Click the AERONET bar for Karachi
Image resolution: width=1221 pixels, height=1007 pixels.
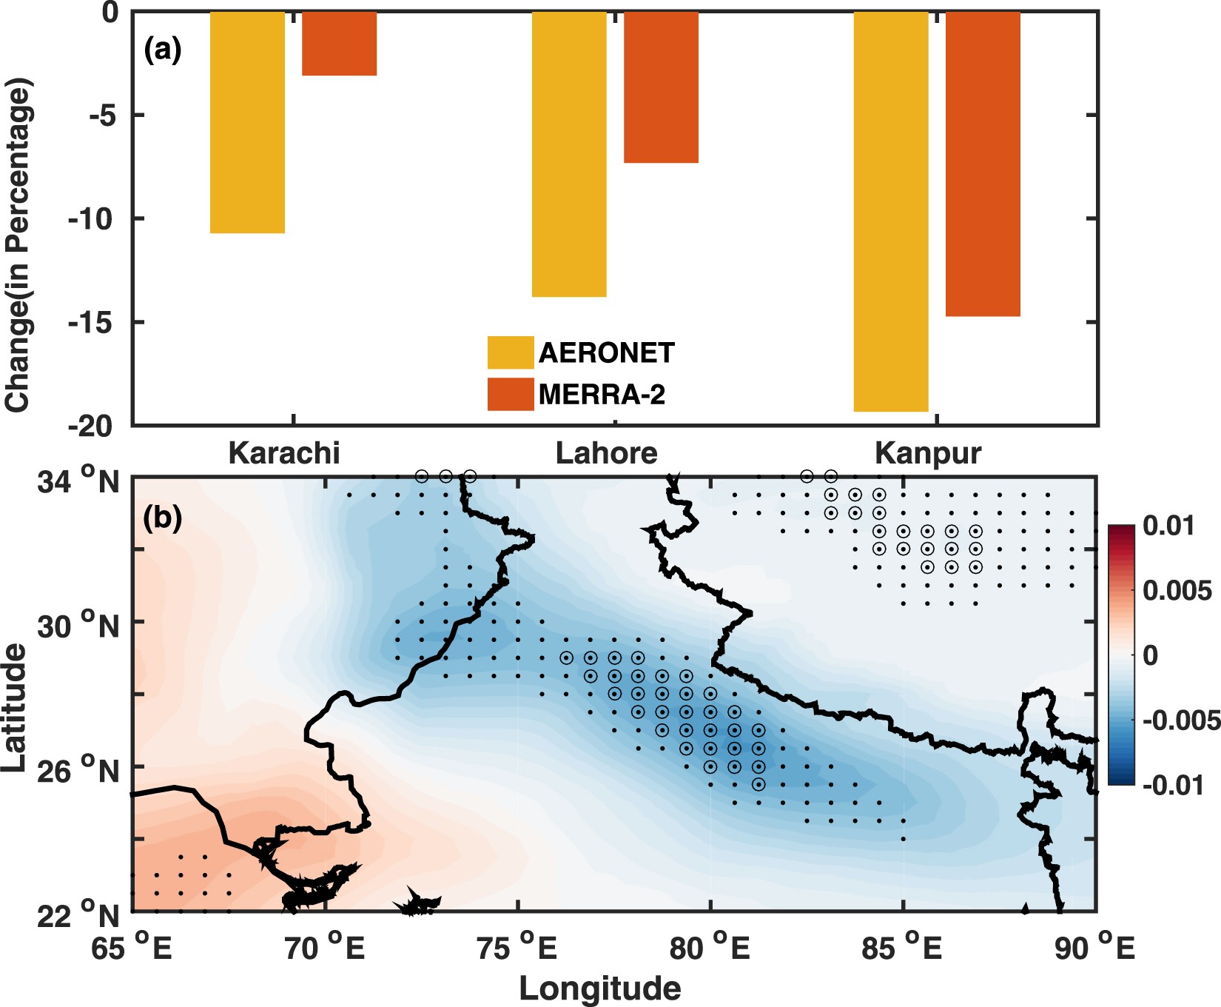(x=247, y=122)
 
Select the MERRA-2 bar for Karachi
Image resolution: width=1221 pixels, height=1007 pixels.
(x=339, y=44)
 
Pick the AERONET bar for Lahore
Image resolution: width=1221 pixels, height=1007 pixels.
(x=569, y=154)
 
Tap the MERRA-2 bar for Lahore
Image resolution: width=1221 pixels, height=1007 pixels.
(x=661, y=87)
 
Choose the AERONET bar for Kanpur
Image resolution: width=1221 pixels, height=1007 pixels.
(x=891, y=211)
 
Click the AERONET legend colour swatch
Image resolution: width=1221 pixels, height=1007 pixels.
(x=510, y=352)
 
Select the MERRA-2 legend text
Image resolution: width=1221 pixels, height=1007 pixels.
(x=602, y=395)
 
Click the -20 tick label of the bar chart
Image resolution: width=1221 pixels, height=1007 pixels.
(x=90, y=426)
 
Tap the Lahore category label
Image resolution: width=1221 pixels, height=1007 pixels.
(x=606, y=453)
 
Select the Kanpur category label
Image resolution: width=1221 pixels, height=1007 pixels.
(x=928, y=453)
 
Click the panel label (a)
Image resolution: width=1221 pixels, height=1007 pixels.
(x=162, y=50)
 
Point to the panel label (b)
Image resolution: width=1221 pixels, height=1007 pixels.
(x=162, y=518)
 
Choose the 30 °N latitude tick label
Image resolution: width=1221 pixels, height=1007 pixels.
(x=78, y=626)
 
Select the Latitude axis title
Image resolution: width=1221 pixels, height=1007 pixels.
(x=14, y=708)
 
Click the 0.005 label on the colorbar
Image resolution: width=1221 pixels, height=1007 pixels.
(x=1176, y=591)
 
